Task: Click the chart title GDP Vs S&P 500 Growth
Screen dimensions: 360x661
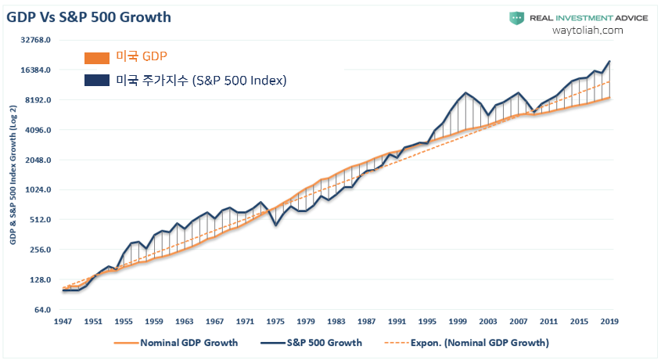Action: pos(88,16)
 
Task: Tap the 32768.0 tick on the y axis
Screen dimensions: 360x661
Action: pos(35,40)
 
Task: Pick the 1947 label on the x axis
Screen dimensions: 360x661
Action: pos(63,321)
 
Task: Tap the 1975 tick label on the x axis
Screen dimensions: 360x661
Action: pos(275,321)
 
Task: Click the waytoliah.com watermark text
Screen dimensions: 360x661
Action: pos(587,30)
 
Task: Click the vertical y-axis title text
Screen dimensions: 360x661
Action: pos(13,177)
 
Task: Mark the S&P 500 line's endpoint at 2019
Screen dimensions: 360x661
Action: pos(609,61)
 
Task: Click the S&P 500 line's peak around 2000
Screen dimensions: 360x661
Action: pos(466,92)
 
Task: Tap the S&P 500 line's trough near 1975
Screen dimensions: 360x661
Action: pos(275,225)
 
